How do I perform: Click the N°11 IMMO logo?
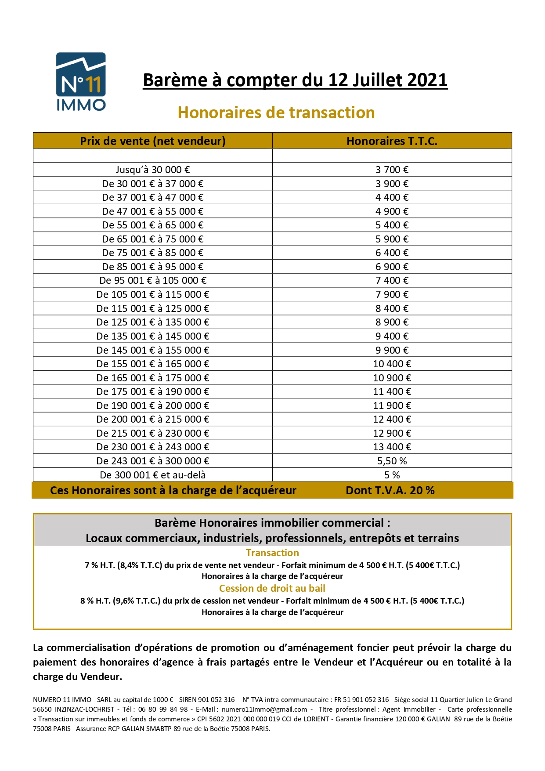81,81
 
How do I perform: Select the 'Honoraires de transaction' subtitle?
276,113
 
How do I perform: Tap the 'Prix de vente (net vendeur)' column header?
152,141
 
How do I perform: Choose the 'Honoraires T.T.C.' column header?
392,141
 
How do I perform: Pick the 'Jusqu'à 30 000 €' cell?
152,170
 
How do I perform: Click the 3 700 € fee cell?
392,170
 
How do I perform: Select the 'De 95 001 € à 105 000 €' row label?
152,281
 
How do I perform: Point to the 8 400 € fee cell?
392,308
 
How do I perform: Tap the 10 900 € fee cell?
392,378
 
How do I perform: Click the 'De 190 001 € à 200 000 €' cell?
152,405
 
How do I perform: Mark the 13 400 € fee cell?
392,447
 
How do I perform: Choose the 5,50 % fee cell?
392,461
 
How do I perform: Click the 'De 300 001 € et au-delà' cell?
152,475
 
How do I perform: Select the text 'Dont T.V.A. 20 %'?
390,491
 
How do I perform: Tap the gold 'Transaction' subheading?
272,553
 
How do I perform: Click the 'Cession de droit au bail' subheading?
272,589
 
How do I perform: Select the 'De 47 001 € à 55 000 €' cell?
152,212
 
